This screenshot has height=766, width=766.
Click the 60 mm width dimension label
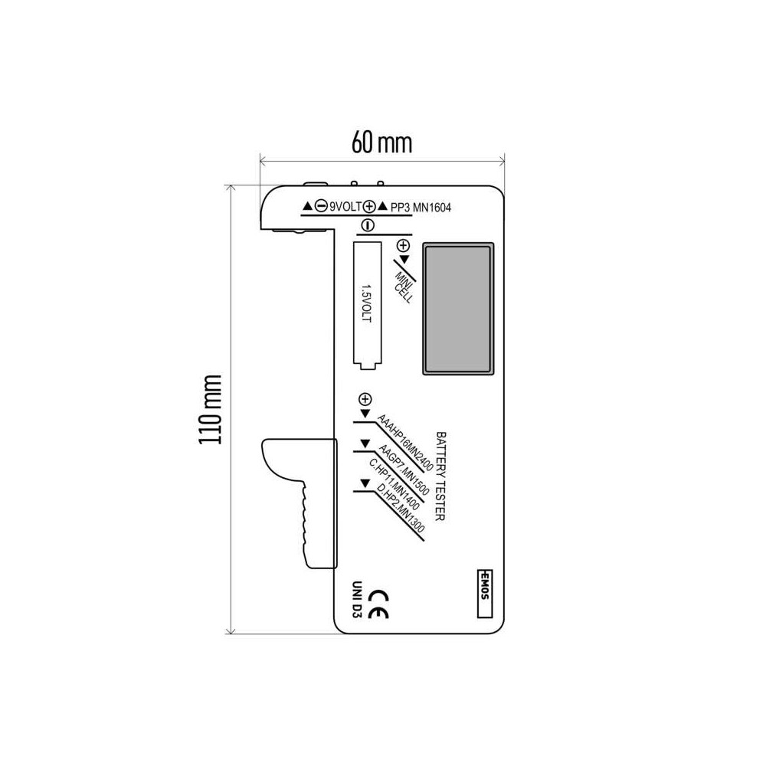click(381, 142)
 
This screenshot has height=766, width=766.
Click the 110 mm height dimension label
click(210, 409)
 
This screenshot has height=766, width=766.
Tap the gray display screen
click(458, 309)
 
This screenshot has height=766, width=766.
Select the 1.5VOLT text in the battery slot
click(366, 303)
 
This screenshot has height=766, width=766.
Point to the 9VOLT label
click(346, 207)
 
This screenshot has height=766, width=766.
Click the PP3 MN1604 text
click(421, 208)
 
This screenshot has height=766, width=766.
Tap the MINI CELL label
click(405, 287)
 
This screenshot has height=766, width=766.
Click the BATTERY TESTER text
click(440, 476)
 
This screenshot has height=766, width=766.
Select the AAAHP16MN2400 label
click(405, 443)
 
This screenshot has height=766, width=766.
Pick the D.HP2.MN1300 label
click(401, 508)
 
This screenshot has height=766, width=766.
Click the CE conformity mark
click(378, 604)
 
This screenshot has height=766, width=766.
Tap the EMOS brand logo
click(485, 594)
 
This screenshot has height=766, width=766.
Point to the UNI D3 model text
click(356, 600)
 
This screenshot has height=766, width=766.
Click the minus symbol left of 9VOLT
click(321, 206)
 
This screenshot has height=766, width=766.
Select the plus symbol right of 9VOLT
click(369, 207)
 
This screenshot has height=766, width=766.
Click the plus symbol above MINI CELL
click(403, 245)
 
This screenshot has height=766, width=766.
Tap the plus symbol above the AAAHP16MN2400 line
click(365, 400)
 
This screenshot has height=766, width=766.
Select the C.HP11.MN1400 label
click(394, 483)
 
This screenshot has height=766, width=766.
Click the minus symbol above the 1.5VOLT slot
click(368, 225)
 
